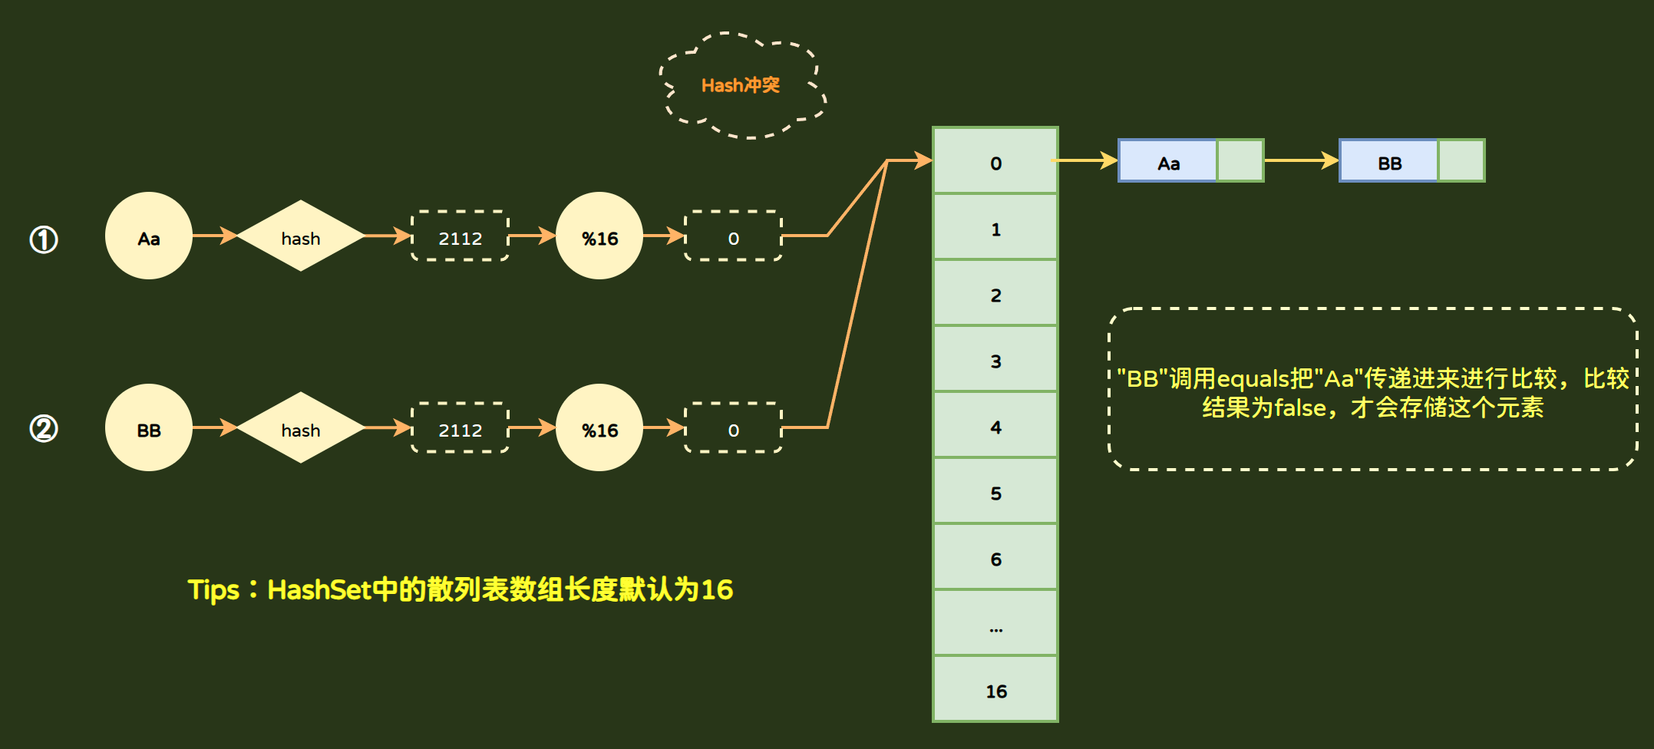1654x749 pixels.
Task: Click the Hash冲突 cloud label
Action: coord(741,85)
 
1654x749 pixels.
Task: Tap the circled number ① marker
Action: coord(44,239)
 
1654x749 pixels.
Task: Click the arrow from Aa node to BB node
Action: coord(1301,160)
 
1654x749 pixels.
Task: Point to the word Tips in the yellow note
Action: coord(214,590)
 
